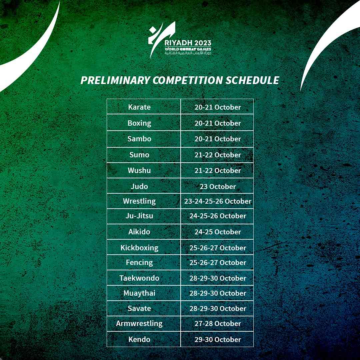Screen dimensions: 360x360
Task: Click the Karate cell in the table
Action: (x=139, y=107)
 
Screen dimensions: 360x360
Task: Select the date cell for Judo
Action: (x=218, y=186)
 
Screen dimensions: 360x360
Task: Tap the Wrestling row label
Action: (x=139, y=201)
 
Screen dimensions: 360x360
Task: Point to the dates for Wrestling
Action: (x=218, y=201)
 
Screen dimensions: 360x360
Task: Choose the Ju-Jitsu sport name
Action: (x=139, y=216)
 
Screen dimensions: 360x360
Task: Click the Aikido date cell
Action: (x=218, y=232)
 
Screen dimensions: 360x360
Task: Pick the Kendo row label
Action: (x=139, y=339)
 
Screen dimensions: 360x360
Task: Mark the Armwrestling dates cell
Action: (x=218, y=323)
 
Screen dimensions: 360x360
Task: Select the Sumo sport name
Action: (x=139, y=155)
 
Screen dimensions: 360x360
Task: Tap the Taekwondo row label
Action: (x=139, y=278)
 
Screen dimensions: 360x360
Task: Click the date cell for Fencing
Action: (x=218, y=262)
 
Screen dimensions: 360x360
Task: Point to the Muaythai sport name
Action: (x=139, y=293)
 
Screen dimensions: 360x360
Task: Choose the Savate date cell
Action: (x=218, y=308)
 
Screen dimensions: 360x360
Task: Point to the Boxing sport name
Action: (x=139, y=123)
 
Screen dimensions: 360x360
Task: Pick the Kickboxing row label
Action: (x=139, y=248)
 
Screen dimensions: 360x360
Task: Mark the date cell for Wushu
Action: (x=218, y=170)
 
